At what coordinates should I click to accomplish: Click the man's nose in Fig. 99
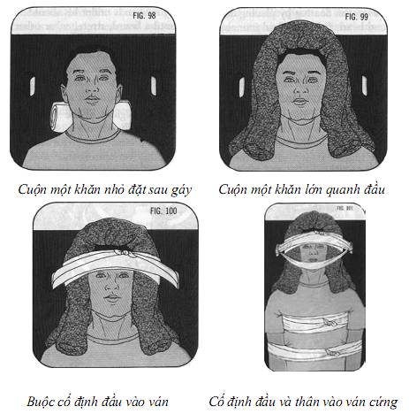tap(303, 80)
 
